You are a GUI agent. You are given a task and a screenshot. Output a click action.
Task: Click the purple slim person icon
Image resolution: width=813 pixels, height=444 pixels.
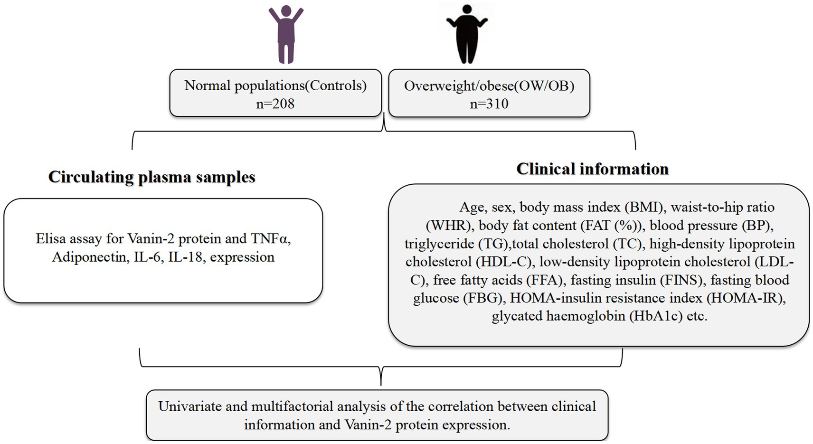tap(286, 34)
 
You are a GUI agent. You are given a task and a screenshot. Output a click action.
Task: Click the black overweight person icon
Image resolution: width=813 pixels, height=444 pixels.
tap(467, 34)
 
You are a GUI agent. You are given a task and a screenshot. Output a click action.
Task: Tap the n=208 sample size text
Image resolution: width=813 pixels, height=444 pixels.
tap(275, 104)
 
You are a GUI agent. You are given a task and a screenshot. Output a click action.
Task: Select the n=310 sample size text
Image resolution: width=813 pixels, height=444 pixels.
tap(489, 104)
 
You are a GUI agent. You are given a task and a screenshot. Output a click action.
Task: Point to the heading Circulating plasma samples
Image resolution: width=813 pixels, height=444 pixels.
tap(151, 177)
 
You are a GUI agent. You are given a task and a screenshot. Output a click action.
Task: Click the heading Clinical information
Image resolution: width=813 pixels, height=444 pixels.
tap(592, 169)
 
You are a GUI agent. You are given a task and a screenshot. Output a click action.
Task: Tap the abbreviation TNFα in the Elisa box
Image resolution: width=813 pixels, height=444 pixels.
tap(271, 238)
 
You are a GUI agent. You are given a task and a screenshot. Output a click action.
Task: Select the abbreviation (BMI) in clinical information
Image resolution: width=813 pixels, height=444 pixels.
tap(645, 208)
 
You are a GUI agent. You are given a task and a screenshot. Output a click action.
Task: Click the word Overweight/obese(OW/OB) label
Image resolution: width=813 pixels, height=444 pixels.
tap(489, 86)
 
